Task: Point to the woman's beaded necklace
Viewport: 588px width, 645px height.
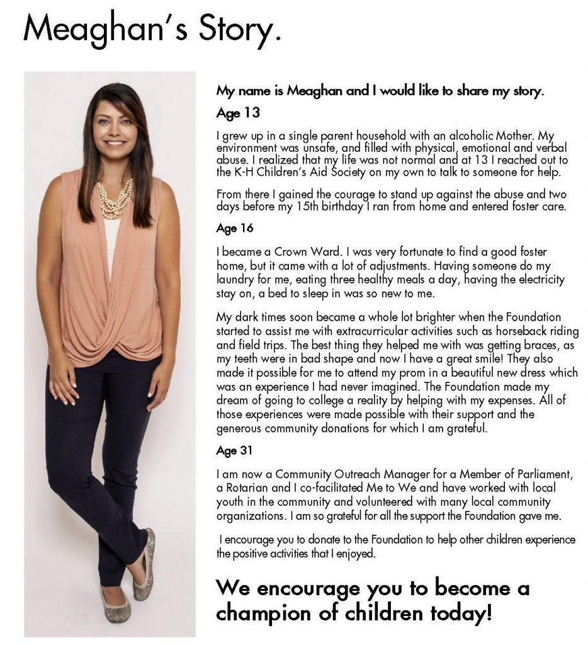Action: [x=115, y=198]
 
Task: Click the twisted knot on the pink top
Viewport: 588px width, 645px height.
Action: [x=129, y=333]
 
